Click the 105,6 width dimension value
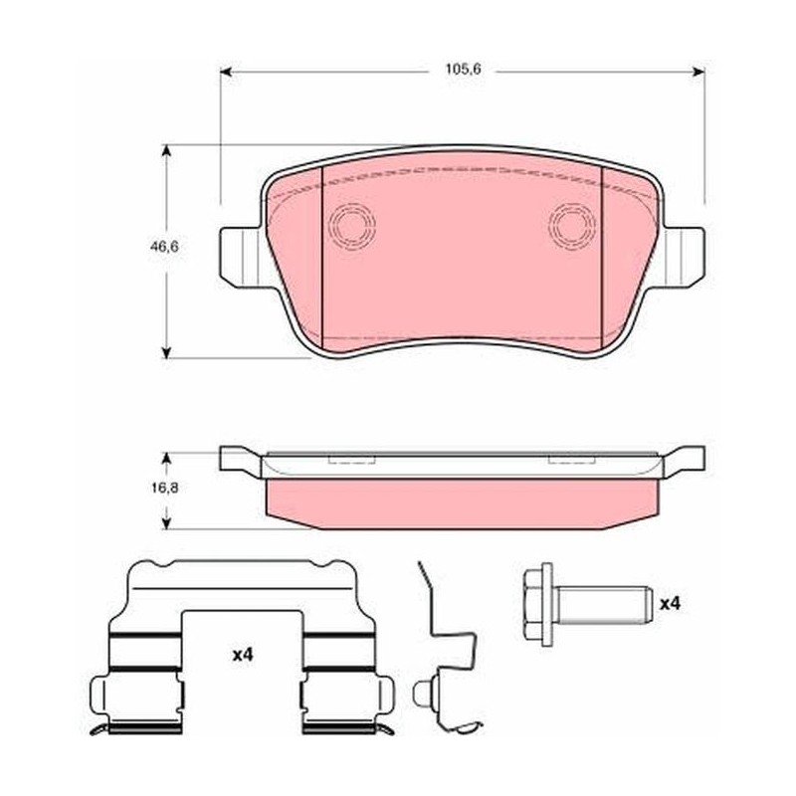pos(463,69)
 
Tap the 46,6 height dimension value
pos(164,247)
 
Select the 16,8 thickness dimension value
pos(164,488)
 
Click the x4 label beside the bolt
pos(670,604)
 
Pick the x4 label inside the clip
pos(243,656)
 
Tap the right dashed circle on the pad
pos(573,224)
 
